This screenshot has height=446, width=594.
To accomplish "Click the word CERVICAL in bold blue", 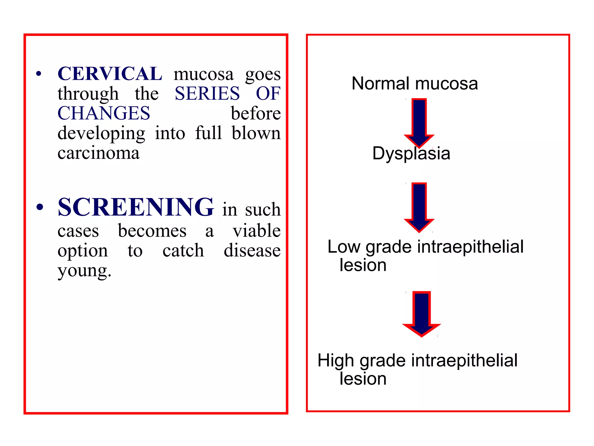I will (x=110, y=74).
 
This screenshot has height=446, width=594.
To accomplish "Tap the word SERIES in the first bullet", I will (x=207, y=93).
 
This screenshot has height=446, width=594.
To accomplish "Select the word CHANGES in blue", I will (x=104, y=113).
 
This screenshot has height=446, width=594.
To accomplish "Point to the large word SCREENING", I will (x=136, y=207).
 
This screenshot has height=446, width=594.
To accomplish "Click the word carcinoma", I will (x=99, y=153).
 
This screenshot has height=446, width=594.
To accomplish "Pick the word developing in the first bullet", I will (x=101, y=134).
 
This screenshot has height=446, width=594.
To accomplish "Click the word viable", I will (x=257, y=231).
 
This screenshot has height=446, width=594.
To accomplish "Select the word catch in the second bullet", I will (x=183, y=251).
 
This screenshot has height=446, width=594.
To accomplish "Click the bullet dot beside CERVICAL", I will (x=39, y=74).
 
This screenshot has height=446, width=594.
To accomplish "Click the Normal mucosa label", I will (x=414, y=84).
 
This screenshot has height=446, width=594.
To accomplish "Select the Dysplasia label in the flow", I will (x=411, y=153).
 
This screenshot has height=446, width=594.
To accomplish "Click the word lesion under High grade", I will (x=363, y=379).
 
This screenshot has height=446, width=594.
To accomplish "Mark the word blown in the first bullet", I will (x=256, y=133).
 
